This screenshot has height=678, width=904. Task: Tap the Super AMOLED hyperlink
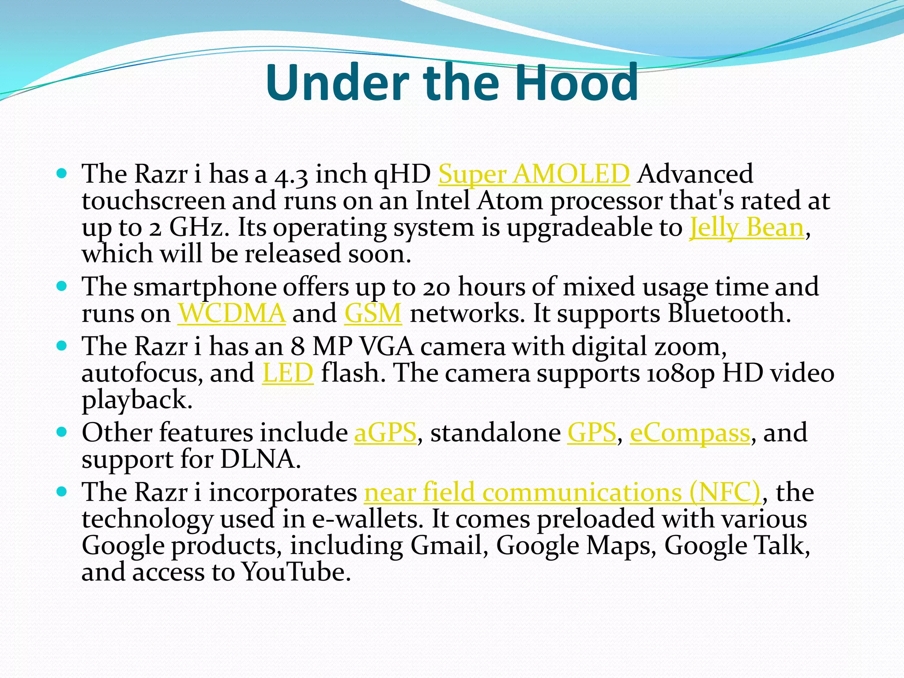click(x=534, y=173)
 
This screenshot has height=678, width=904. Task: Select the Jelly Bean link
click(x=746, y=228)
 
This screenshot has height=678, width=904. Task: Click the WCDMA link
click(x=231, y=313)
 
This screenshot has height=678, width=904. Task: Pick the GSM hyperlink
click(x=373, y=313)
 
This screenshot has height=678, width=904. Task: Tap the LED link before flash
click(x=288, y=373)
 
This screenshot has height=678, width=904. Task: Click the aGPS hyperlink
click(x=385, y=432)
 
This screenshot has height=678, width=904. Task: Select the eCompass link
click(x=690, y=432)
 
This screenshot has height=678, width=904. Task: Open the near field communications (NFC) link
click(x=563, y=492)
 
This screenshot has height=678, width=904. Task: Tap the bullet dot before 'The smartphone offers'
click(x=62, y=286)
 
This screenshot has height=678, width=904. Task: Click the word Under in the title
click(x=337, y=82)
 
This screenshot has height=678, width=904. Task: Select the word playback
click(x=137, y=400)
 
